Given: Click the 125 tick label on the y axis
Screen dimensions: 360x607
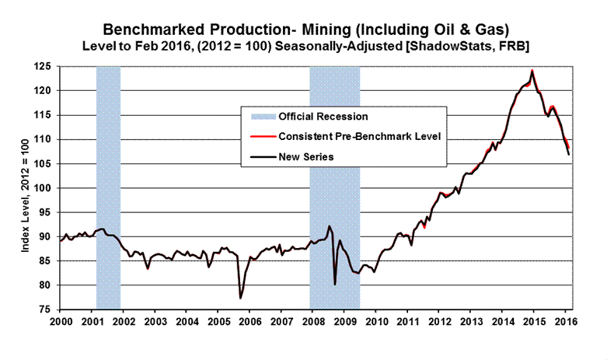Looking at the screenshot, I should click(x=45, y=67).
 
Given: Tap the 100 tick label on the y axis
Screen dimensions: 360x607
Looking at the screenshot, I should click(x=45, y=188).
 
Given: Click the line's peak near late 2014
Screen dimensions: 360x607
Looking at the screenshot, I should click(x=532, y=71).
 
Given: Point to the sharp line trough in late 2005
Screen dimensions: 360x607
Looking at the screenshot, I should click(x=240, y=298).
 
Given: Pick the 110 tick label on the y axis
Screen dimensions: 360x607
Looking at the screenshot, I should click(x=45, y=140).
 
